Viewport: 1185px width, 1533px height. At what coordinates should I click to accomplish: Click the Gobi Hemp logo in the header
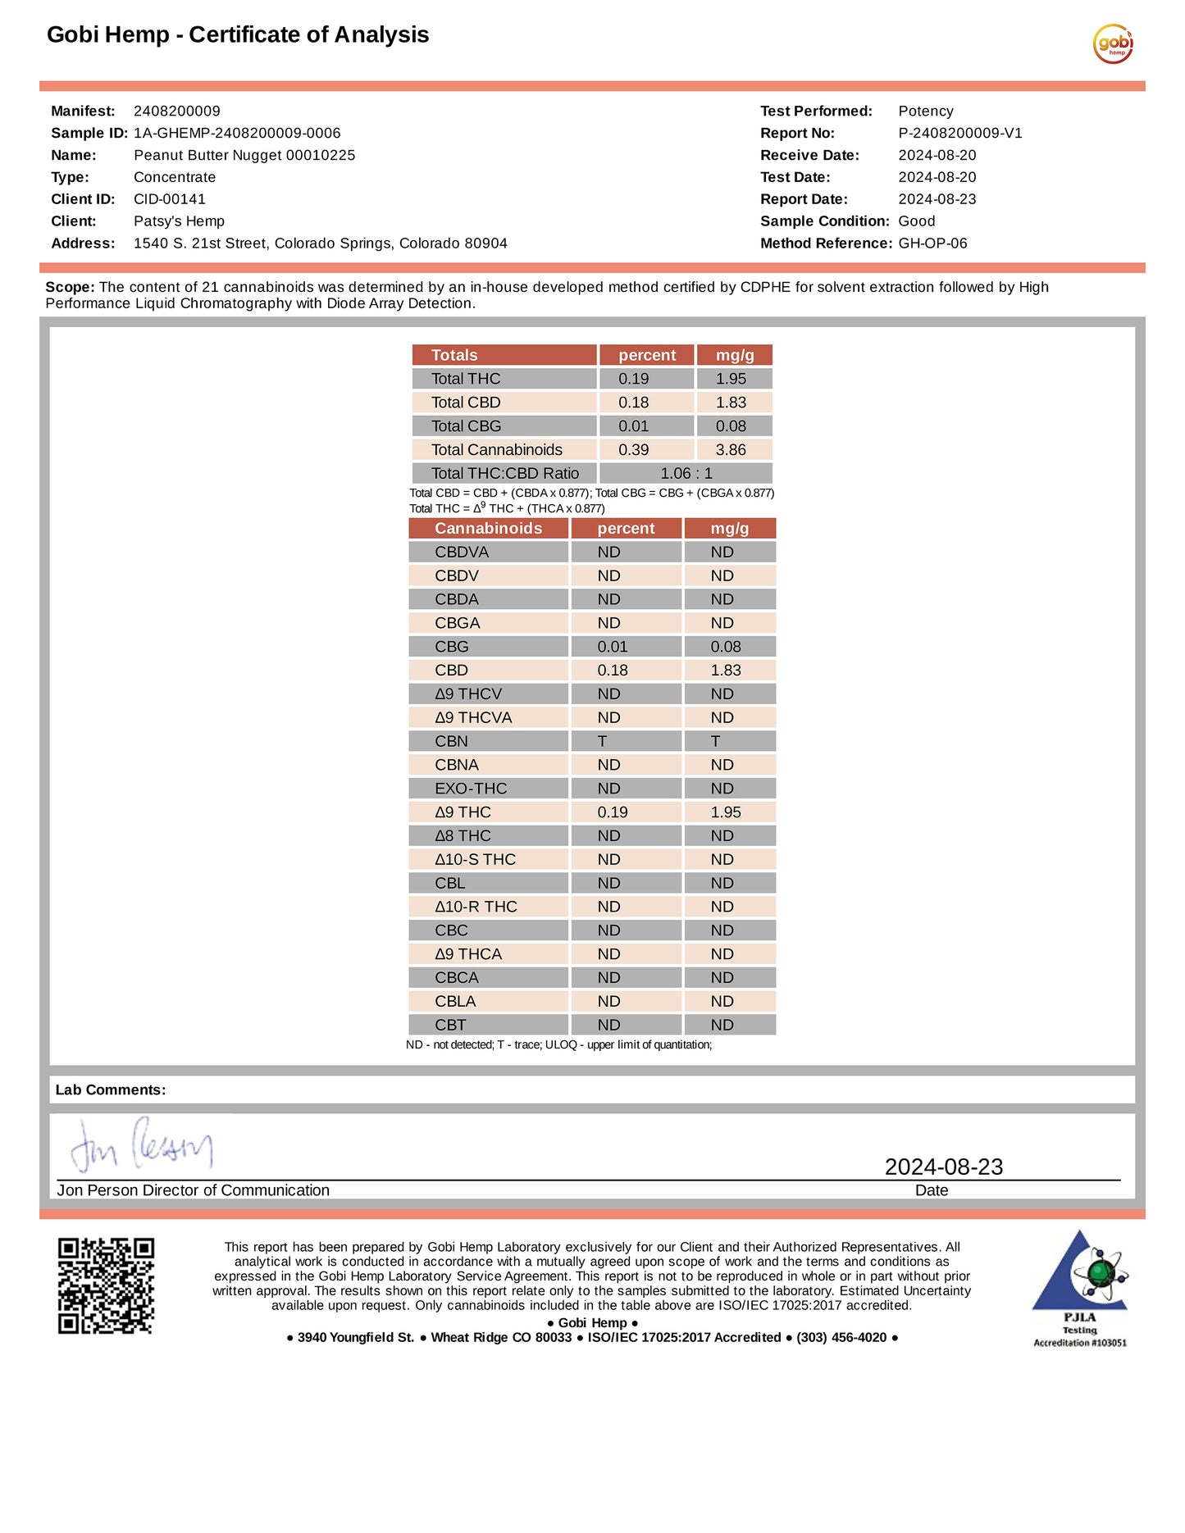[1113, 43]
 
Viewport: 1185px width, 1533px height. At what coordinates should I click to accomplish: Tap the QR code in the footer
[106, 1285]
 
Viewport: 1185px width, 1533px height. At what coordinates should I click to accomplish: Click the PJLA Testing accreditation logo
[1079, 1287]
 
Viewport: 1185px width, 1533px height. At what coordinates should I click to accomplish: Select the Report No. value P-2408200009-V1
[959, 133]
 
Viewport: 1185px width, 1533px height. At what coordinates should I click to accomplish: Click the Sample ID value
[237, 133]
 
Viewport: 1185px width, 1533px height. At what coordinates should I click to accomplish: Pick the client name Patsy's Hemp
[179, 221]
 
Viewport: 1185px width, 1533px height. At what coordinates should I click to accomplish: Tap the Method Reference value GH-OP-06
[932, 243]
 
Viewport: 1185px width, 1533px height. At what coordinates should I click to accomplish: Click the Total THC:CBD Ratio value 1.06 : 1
[686, 474]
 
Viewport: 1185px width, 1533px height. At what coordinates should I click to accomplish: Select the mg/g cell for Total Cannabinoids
[731, 450]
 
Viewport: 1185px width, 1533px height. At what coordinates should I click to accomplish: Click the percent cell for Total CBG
[633, 426]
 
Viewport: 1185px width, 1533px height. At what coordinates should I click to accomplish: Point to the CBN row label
[451, 742]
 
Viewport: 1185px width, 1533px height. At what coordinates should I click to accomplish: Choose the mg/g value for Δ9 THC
[726, 812]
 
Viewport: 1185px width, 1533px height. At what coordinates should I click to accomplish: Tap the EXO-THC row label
[471, 789]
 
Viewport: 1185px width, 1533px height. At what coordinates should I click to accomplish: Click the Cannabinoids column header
[488, 529]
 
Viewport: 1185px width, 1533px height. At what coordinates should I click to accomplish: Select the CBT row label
[450, 1026]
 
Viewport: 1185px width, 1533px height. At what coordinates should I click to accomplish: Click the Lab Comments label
[111, 1090]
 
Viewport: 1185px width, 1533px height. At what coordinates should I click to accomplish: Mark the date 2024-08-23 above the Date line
[943, 1167]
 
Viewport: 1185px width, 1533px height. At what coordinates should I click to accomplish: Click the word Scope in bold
[70, 288]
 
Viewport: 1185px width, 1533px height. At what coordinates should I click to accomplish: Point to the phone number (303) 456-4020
[841, 1338]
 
